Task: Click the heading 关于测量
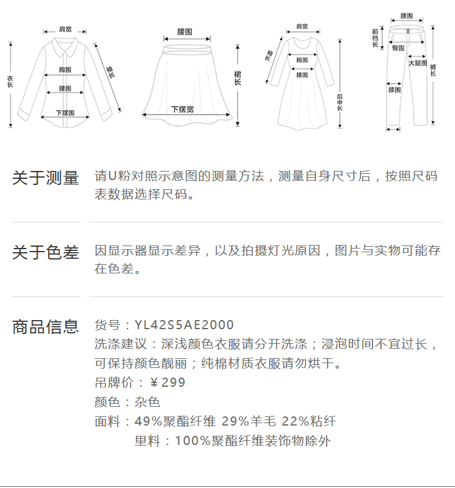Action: click(45, 178)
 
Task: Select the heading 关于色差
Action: click(45, 252)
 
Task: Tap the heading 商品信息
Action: click(45, 327)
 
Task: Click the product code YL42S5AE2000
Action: click(184, 326)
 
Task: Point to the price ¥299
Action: click(167, 383)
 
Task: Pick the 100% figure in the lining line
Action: click(189, 441)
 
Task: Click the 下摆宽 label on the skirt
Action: click(182, 109)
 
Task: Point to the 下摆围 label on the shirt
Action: click(65, 113)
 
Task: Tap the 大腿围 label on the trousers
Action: click(417, 63)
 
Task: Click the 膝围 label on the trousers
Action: click(394, 90)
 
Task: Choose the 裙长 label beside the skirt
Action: click(237, 78)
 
